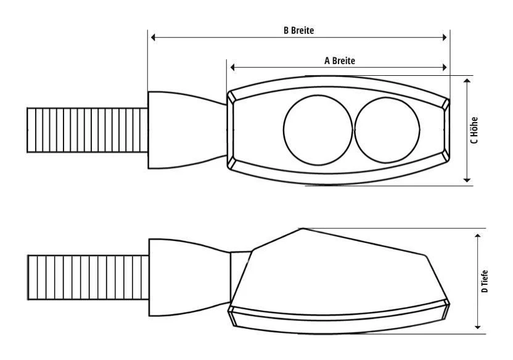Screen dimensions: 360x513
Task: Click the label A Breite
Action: coord(340,60)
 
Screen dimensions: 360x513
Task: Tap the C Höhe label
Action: coord(474,131)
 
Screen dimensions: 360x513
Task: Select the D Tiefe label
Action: coord(485,281)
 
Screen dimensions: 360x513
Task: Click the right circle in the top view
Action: coord(387,129)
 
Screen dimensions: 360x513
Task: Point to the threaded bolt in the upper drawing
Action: coord(87,129)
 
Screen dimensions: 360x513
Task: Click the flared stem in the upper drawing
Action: coord(185,129)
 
